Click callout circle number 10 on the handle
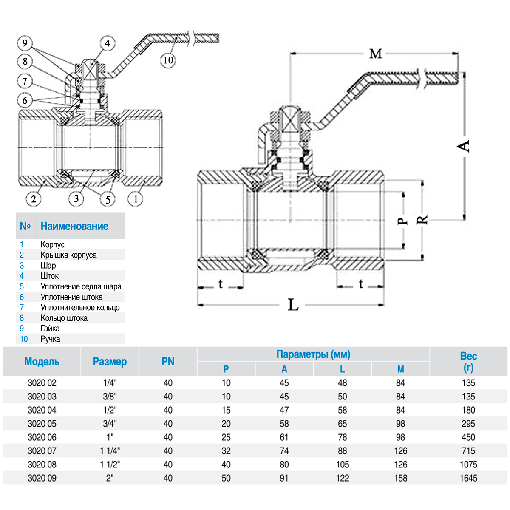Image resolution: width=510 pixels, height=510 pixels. tap(168, 60)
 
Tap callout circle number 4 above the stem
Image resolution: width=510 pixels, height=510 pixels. tap(107, 43)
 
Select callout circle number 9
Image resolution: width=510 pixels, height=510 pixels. tap(25, 43)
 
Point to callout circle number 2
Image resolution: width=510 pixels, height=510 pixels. tap(34, 198)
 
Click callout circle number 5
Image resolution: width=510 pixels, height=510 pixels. tap(108, 200)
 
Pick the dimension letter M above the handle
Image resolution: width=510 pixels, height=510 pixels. tap(376, 54)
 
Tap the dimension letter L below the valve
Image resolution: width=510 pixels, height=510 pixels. tap(293, 305)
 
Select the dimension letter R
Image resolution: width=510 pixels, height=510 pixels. tap(422, 220)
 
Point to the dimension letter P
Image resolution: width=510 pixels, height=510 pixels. tap(402, 221)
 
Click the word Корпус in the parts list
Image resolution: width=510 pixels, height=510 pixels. tap(53, 245)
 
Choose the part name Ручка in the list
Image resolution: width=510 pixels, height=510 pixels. tap(50, 339)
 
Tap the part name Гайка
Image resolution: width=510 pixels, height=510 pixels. tap(50, 329)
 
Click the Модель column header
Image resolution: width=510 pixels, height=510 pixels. tap(42, 362)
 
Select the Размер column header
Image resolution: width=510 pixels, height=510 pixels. tap(110, 362)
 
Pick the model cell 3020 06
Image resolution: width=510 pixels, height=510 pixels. tap(42, 437)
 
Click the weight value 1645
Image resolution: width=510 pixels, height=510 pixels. tap(468, 478)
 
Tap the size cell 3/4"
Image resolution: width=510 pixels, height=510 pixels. tap(110, 424)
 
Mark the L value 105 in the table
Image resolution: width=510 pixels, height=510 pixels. tap(342, 465)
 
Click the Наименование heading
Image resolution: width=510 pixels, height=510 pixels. tap(74, 227)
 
